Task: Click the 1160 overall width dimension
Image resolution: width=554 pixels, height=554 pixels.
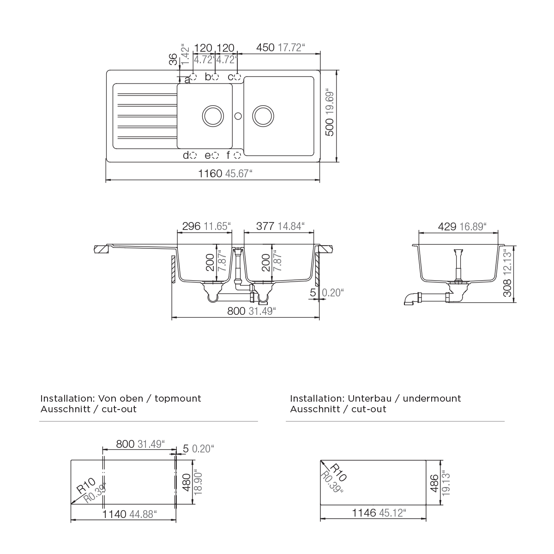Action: tap(210, 174)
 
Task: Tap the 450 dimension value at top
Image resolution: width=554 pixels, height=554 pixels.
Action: tap(265, 48)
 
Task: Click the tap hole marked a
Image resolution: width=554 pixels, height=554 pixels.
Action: tap(193, 77)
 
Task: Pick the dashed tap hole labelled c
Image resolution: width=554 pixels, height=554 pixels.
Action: tap(237, 77)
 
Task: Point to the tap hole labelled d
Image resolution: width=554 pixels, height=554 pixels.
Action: tap(193, 155)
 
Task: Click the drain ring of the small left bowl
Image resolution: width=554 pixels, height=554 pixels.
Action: tap(213, 116)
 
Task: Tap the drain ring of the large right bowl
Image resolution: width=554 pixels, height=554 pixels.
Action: tap(263, 116)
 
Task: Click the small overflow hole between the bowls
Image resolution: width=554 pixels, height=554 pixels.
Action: tap(238, 116)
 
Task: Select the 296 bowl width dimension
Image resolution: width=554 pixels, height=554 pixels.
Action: tap(191, 226)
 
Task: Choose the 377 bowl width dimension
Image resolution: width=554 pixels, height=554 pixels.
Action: tap(265, 226)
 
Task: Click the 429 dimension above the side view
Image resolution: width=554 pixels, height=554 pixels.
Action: tap(447, 227)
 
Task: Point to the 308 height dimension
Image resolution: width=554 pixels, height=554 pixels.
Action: tap(507, 288)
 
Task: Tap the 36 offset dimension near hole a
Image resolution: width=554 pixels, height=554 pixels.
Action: tap(173, 59)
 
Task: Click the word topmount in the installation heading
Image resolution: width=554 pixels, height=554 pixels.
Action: tap(178, 399)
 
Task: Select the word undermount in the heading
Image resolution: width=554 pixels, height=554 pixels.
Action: tap(432, 399)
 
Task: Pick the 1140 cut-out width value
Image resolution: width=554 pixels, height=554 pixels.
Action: tap(114, 514)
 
